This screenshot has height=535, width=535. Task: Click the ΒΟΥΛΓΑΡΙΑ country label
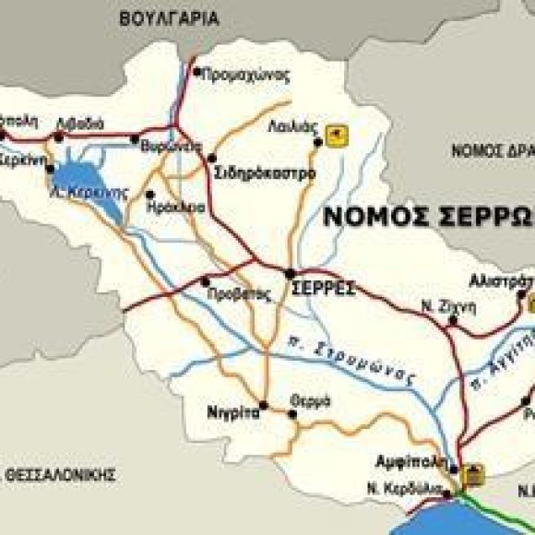pyautogui.click(x=169, y=18)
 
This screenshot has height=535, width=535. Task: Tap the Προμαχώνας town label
pyautogui.click(x=245, y=75)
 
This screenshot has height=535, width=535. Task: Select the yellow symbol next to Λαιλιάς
pyautogui.click(x=339, y=136)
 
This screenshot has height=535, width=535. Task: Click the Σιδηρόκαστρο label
pyautogui.click(x=264, y=172)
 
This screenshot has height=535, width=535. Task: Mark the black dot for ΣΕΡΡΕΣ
pyautogui.click(x=290, y=273)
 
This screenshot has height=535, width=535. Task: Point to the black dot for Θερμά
pyautogui.click(x=292, y=414)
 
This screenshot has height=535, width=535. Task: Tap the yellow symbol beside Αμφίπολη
pyautogui.click(x=474, y=474)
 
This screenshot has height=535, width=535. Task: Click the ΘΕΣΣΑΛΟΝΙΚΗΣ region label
pyautogui.click(x=61, y=475)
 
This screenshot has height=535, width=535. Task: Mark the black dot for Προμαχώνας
pyautogui.click(x=196, y=70)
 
